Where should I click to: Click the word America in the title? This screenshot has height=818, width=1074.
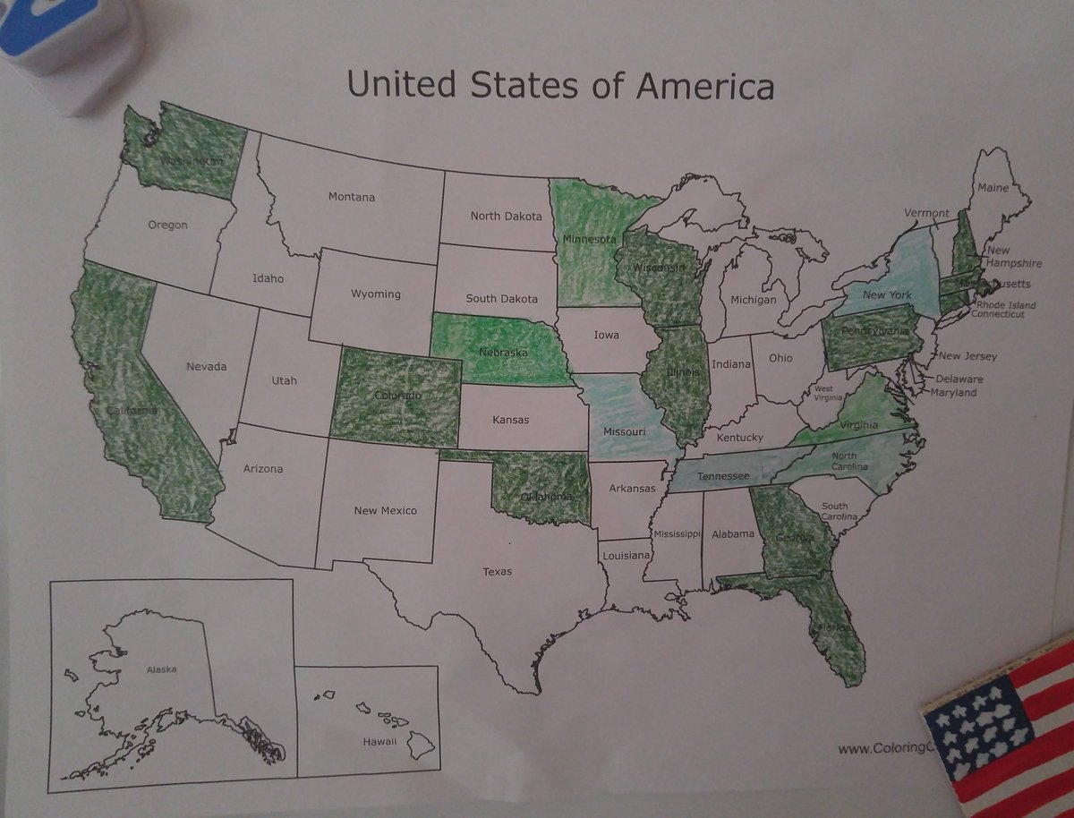point(705,86)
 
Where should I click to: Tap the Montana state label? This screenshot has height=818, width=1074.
point(351,197)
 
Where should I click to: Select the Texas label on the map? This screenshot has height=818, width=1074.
point(498,571)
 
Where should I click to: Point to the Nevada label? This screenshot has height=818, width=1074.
point(206,366)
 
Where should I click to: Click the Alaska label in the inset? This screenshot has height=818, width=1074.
point(162,669)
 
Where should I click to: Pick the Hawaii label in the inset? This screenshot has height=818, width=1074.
point(379,742)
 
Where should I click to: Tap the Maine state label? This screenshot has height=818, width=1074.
point(993,188)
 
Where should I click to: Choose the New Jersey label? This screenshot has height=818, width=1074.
point(967,356)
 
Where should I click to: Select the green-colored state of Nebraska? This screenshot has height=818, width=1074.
point(501,349)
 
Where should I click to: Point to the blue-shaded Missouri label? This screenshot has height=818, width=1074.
point(624,431)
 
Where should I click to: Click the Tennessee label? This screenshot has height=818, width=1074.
point(723,477)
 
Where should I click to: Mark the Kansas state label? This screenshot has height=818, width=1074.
point(511,419)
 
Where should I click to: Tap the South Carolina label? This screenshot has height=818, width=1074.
point(839,512)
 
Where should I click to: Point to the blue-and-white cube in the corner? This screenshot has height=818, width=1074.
point(72,49)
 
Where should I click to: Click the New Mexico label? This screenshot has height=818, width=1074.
point(385,510)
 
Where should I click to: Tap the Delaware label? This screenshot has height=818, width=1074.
point(959,379)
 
